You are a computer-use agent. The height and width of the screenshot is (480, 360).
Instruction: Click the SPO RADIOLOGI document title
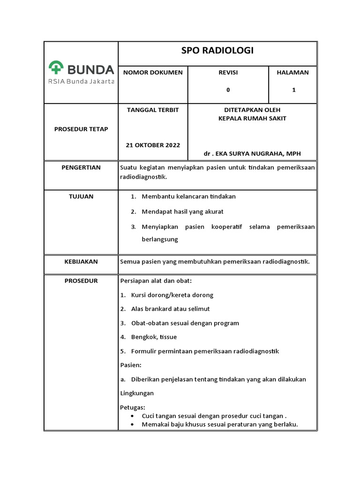coord(217,51)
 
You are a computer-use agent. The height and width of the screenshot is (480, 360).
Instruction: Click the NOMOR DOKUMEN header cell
coord(153,73)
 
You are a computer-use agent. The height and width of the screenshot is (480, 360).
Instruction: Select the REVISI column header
coord(228,73)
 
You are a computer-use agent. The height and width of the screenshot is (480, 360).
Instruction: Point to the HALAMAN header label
coord(293,73)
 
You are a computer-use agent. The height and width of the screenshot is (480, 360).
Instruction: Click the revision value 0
coord(228,90)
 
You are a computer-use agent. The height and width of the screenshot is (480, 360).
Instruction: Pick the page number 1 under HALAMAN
coord(294,90)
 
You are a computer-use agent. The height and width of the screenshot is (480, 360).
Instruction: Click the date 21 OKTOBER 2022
coord(153,145)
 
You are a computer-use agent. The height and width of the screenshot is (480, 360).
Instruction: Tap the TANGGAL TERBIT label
coord(153,110)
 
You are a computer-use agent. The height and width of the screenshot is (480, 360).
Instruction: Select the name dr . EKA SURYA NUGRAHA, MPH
coord(252,154)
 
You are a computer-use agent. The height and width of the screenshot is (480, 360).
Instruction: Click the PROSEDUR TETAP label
coord(81,129)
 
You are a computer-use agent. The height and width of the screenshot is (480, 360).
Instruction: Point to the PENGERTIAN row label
coord(81,167)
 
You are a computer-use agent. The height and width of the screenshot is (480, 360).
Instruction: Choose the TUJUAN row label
coord(81,196)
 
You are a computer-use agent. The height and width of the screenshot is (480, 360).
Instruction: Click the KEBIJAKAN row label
coord(81,262)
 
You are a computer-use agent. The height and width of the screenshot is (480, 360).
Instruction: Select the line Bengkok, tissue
coord(154,337)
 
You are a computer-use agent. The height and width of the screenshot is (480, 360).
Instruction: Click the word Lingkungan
coord(137,393)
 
